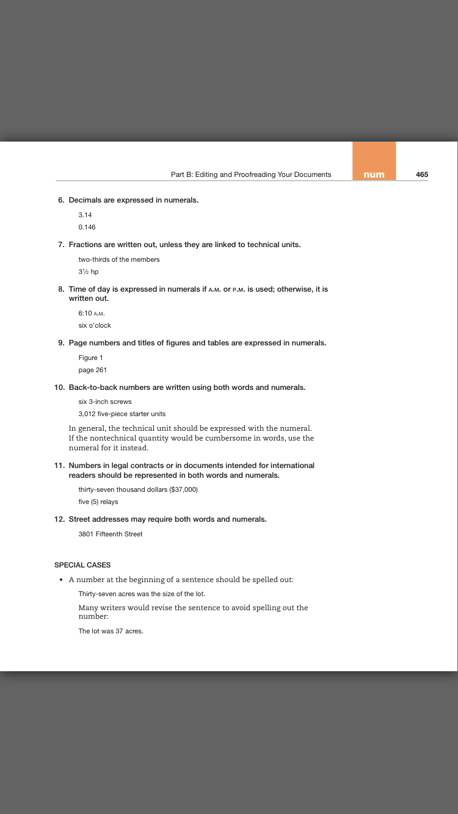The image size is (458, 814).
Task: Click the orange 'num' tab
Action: pyautogui.click(x=374, y=175)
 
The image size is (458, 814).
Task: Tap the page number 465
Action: pyautogui.click(x=422, y=175)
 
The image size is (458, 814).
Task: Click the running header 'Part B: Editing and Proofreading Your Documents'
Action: pyautogui.click(x=251, y=175)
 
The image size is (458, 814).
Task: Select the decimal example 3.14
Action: pyautogui.click(x=85, y=215)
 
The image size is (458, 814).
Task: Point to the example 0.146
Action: pyautogui.click(x=87, y=227)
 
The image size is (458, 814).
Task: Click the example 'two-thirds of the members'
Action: pyautogui.click(x=119, y=259)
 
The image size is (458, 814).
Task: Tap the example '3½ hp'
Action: pyautogui.click(x=89, y=272)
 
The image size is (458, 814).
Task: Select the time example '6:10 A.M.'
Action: pyautogui.click(x=92, y=313)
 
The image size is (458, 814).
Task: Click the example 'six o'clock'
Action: pyautogui.click(x=95, y=325)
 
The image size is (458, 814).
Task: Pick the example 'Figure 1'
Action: pyautogui.click(x=91, y=358)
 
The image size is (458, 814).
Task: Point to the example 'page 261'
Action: pyautogui.click(x=93, y=370)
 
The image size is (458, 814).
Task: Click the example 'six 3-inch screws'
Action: pyautogui.click(x=105, y=402)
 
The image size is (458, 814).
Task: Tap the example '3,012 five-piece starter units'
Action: pyautogui.click(x=122, y=414)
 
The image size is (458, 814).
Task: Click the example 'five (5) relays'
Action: pyautogui.click(x=98, y=502)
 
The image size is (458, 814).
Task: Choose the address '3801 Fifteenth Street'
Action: pyautogui.click(x=111, y=534)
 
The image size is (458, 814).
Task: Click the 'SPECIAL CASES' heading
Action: pyautogui.click(x=82, y=565)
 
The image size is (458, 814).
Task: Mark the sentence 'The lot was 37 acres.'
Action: pyautogui.click(x=111, y=631)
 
